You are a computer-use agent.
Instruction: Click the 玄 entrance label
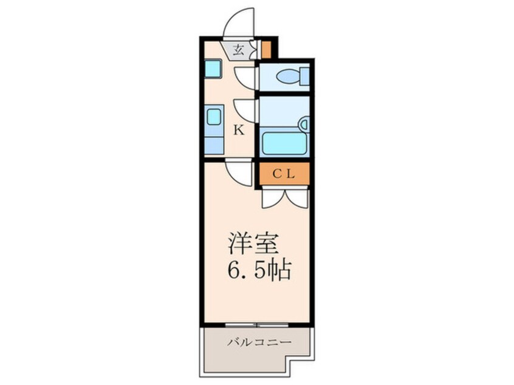point(238,50)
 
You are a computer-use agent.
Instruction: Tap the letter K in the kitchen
point(239,131)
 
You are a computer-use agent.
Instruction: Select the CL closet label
point(284,174)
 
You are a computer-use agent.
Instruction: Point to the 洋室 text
point(253,244)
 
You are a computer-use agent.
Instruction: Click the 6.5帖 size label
point(259,270)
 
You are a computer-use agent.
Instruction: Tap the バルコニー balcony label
point(259,342)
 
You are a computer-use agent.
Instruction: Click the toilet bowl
point(288,77)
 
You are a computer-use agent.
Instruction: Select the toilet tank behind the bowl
point(304,77)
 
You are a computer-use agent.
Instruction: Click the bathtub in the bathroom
point(284,143)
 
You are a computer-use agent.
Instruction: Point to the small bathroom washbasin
point(304,124)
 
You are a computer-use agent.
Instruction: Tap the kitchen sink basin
point(213,117)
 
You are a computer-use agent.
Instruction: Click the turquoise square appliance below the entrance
point(213,69)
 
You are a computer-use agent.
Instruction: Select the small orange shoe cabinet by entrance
point(266,49)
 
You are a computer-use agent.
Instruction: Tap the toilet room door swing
point(245,78)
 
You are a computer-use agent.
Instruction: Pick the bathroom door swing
point(245,111)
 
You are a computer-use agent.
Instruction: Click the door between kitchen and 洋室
point(238,172)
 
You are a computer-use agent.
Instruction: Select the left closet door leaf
point(273,199)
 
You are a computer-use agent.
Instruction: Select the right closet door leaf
point(297,199)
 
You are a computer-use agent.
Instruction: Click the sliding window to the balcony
point(256,325)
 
